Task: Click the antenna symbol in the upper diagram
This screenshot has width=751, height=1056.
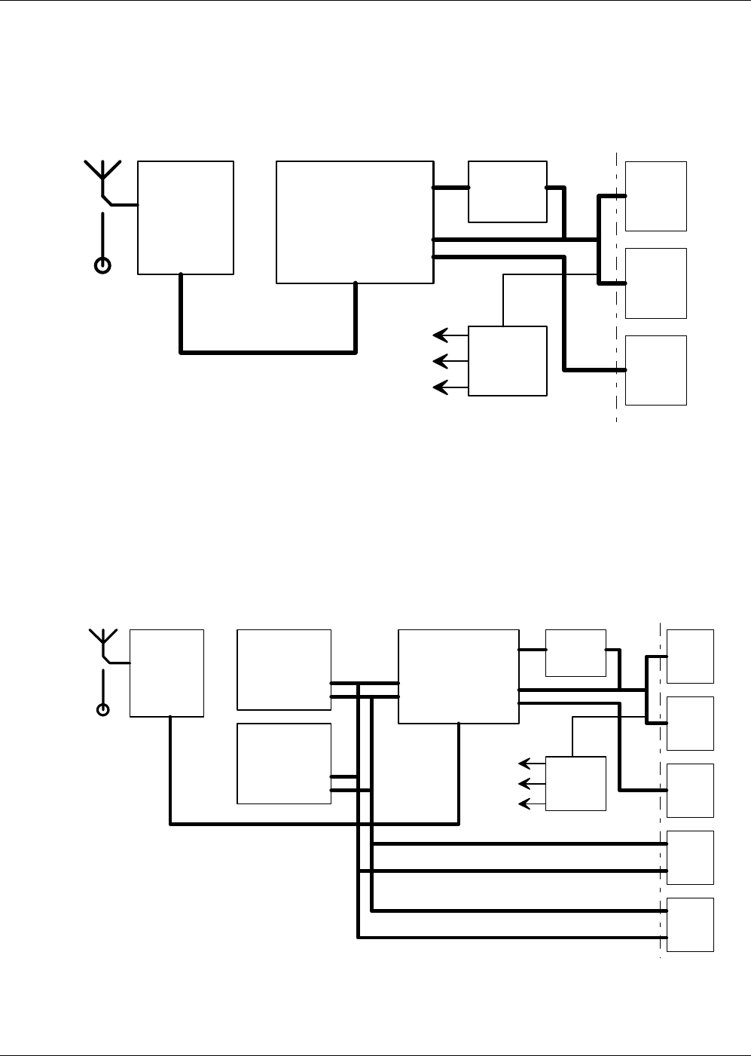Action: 103,175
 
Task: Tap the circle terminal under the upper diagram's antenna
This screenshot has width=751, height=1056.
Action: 102,265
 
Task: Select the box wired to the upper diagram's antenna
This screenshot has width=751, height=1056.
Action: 185,217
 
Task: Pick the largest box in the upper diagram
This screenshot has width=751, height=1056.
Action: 355,222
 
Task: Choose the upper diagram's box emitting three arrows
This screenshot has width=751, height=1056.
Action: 507,360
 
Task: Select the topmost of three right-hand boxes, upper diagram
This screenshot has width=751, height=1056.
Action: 655,196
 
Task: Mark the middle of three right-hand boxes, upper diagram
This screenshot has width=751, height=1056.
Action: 655,283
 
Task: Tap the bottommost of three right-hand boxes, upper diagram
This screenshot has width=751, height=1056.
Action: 655,370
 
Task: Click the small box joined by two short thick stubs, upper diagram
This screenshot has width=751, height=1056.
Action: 507,191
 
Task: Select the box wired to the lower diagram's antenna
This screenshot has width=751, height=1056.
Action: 166,672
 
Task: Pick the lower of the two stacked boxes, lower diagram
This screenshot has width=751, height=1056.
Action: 284,764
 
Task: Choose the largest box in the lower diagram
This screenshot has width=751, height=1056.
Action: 458,676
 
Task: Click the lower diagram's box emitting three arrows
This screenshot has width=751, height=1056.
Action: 575,783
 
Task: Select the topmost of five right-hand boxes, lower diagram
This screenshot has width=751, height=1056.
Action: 690,656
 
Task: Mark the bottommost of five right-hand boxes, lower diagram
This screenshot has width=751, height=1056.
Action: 690,924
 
